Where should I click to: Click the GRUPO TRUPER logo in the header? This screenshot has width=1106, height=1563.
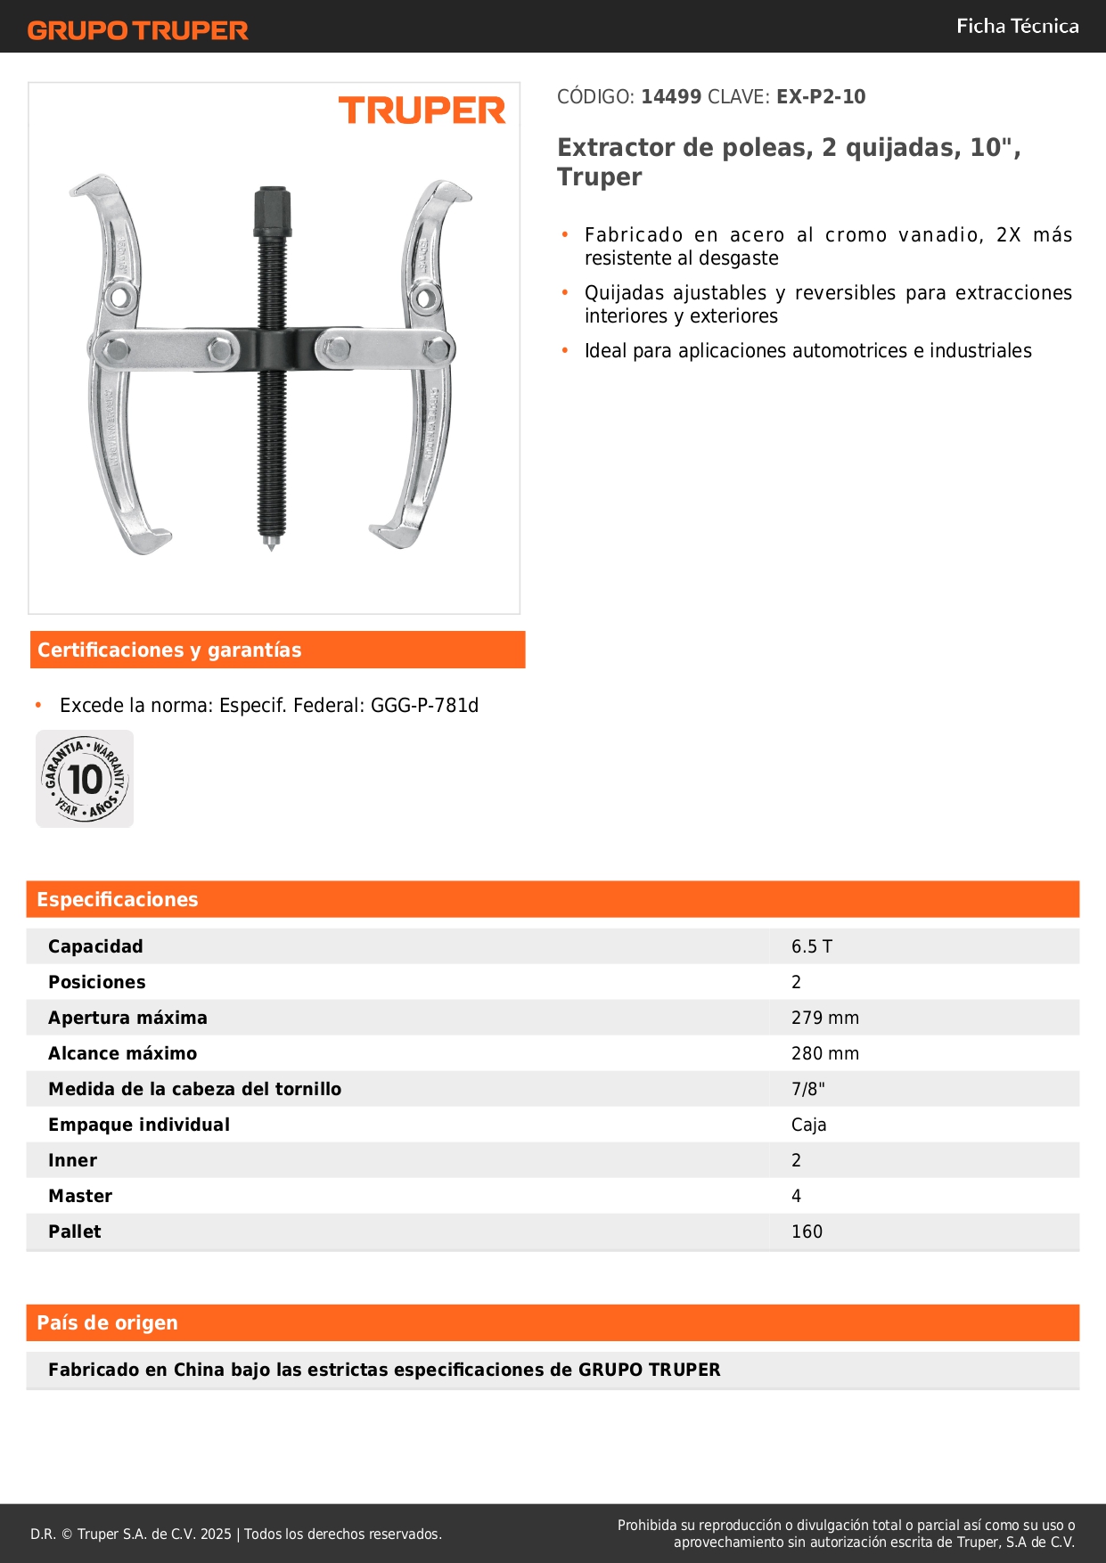pos(137,30)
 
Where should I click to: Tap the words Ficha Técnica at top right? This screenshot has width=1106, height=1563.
pos(1017,26)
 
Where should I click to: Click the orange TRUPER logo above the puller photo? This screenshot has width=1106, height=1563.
pos(422,110)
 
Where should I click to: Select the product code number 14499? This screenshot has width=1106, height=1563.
pos(671,96)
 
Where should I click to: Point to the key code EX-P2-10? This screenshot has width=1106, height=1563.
pos(820,96)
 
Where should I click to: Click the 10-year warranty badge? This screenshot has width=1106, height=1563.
pos(85,779)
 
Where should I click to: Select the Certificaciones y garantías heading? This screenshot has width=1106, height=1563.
pos(169,650)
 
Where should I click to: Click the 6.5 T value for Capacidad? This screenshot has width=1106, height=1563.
pos(811,946)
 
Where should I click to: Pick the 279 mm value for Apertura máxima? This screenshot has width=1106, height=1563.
pos(824,1018)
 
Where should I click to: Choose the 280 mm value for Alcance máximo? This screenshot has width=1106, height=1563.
pos(824,1053)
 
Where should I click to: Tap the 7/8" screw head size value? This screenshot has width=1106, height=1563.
pos(807,1089)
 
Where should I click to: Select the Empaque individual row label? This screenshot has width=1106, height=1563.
pos(139,1125)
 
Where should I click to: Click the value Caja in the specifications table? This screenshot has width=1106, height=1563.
pos(808,1125)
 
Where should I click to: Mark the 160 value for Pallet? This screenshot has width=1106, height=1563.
pos(807,1232)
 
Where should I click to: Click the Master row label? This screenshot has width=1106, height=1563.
pos(80,1196)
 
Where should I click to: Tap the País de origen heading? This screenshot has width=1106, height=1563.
pos(107,1322)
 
